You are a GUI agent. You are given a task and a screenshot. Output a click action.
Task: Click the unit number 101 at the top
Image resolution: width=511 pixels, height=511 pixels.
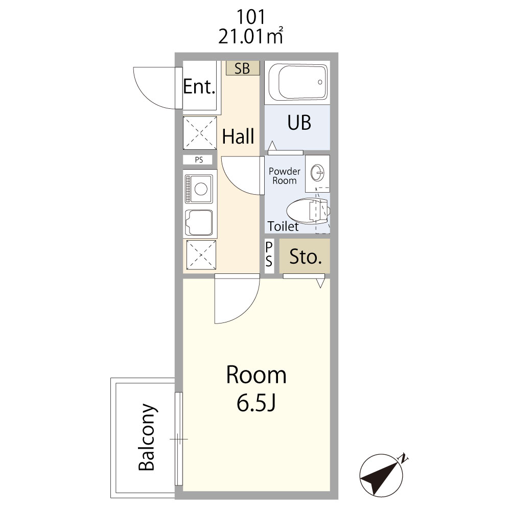(x=250, y=17)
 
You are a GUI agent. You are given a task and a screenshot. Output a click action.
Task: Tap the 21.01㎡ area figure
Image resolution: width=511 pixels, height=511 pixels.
(x=250, y=36)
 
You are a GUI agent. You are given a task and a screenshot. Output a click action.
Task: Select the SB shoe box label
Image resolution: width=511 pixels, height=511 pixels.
(x=242, y=68)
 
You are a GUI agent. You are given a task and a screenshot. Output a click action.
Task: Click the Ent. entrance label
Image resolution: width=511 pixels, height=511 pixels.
(x=199, y=86)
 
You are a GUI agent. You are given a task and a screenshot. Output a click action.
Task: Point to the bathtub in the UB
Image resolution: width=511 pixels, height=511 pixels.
(x=303, y=83)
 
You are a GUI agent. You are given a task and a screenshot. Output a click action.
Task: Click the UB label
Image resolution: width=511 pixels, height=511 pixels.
(x=299, y=123)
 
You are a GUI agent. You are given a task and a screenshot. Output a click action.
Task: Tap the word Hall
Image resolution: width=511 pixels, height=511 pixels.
(x=238, y=136)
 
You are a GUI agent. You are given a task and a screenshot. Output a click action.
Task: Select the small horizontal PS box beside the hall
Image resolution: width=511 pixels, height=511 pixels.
(x=198, y=159)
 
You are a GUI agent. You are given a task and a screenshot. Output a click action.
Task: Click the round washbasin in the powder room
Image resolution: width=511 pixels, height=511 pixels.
(x=317, y=172)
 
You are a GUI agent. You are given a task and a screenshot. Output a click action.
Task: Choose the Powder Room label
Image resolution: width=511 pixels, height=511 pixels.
(x=285, y=176)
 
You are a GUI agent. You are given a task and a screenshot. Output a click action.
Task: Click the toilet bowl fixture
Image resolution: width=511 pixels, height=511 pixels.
(x=308, y=211)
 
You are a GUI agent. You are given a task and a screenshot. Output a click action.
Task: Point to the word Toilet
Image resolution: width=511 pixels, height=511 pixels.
(x=283, y=226)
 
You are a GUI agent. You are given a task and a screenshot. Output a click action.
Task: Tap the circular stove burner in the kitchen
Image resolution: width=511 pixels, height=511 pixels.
(x=201, y=189)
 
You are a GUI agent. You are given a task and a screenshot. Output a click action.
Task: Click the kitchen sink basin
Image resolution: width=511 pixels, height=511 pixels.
(x=199, y=222)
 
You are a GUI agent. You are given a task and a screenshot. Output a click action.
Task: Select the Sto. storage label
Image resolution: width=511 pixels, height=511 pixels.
(x=306, y=257)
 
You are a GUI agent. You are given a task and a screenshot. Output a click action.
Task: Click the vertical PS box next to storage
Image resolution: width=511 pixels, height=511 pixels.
(x=269, y=255)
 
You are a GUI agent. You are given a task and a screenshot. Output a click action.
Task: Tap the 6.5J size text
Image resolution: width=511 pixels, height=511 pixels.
(x=256, y=403)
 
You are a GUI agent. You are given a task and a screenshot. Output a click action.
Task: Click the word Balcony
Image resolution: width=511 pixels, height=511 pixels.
(x=147, y=437)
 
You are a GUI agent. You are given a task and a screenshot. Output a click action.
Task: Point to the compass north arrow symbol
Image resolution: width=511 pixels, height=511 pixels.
(x=382, y=475)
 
